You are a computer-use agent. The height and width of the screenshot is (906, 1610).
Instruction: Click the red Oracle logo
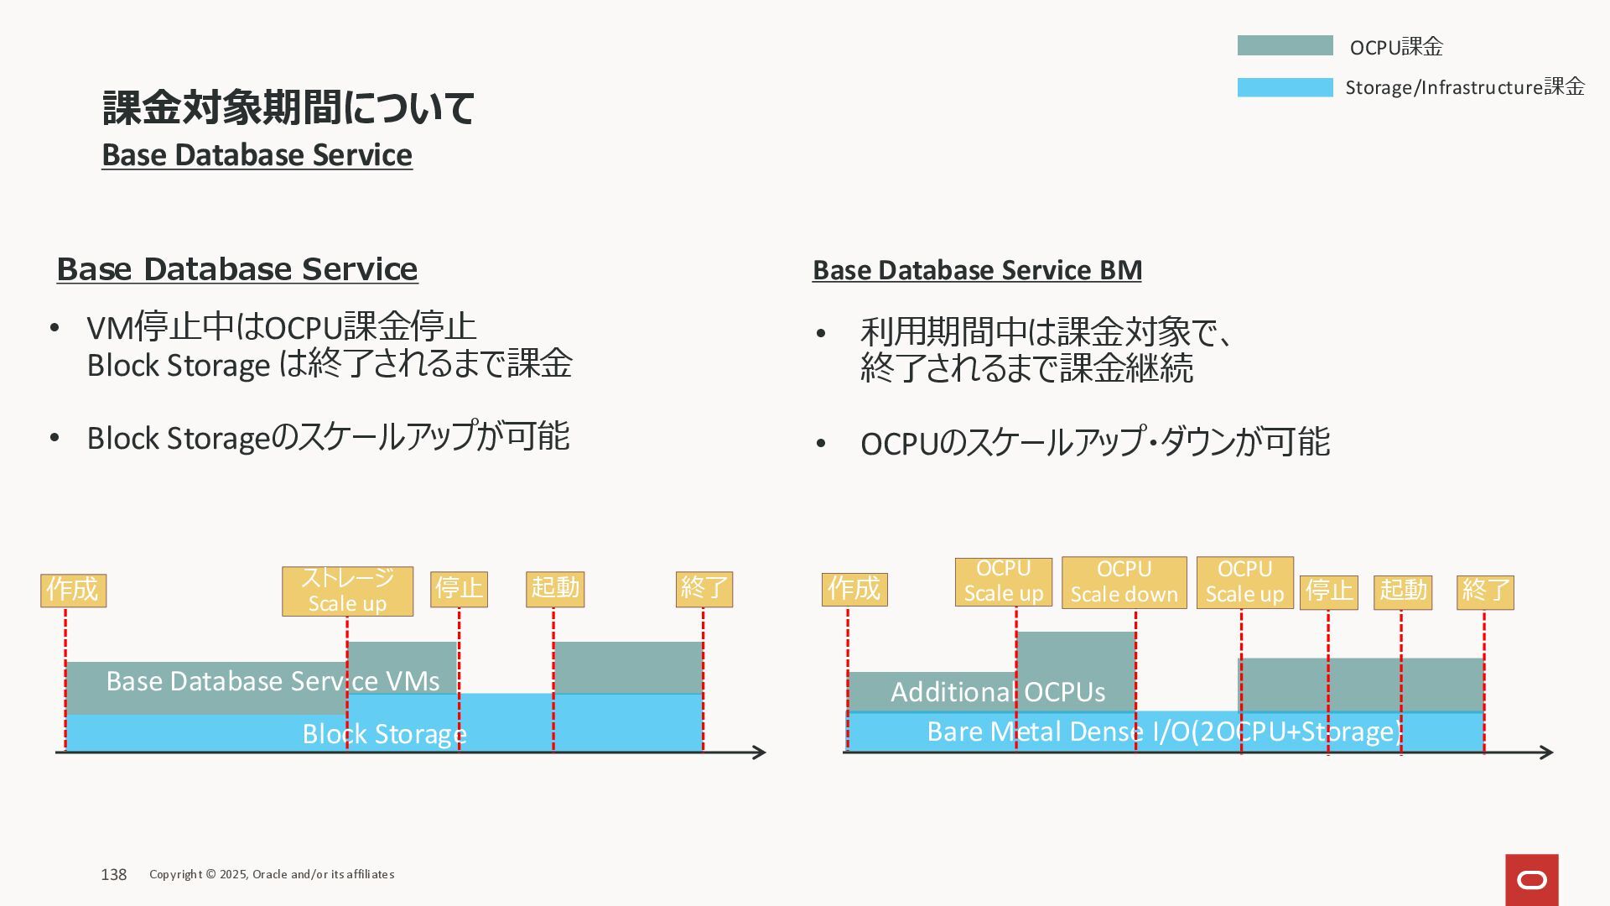point(1531,879)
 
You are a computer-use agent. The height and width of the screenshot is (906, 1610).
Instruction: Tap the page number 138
point(113,874)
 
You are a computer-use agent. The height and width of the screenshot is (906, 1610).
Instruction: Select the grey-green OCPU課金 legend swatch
point(1285,45)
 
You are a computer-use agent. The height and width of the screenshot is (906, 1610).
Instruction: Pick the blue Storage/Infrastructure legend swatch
point(1285,87)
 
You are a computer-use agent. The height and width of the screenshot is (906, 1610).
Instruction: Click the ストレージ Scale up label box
point(347,591)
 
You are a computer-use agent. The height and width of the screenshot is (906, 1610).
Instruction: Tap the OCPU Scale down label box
point(1124,582)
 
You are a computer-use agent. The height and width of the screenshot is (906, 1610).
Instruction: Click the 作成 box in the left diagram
point(73,590)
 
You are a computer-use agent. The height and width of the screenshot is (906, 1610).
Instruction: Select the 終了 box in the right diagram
point(1485,591)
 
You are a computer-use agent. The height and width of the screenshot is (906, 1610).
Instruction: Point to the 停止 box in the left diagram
point(459,589)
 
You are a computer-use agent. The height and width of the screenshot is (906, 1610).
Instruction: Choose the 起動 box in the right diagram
point(1402,591)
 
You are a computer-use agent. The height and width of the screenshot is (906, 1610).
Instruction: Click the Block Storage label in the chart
point(384,734)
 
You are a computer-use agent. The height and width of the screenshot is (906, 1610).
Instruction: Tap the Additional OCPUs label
point(997,692)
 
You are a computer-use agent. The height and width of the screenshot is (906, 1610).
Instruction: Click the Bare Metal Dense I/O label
point(1164,732)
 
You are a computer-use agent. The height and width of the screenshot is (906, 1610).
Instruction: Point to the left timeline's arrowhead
point(760,752)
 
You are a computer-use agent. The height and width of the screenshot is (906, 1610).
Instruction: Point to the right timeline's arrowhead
point(1547,752)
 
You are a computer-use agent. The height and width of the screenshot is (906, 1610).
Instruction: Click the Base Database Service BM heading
point(977,270)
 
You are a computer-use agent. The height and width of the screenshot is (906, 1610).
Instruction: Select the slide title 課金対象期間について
point(288,107)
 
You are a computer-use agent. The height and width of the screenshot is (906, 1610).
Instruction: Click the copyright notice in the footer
point(272,874)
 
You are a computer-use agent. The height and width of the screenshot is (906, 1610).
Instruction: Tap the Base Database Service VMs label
point(273,681)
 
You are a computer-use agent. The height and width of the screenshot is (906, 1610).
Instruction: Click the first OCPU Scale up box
point(1003,581)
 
